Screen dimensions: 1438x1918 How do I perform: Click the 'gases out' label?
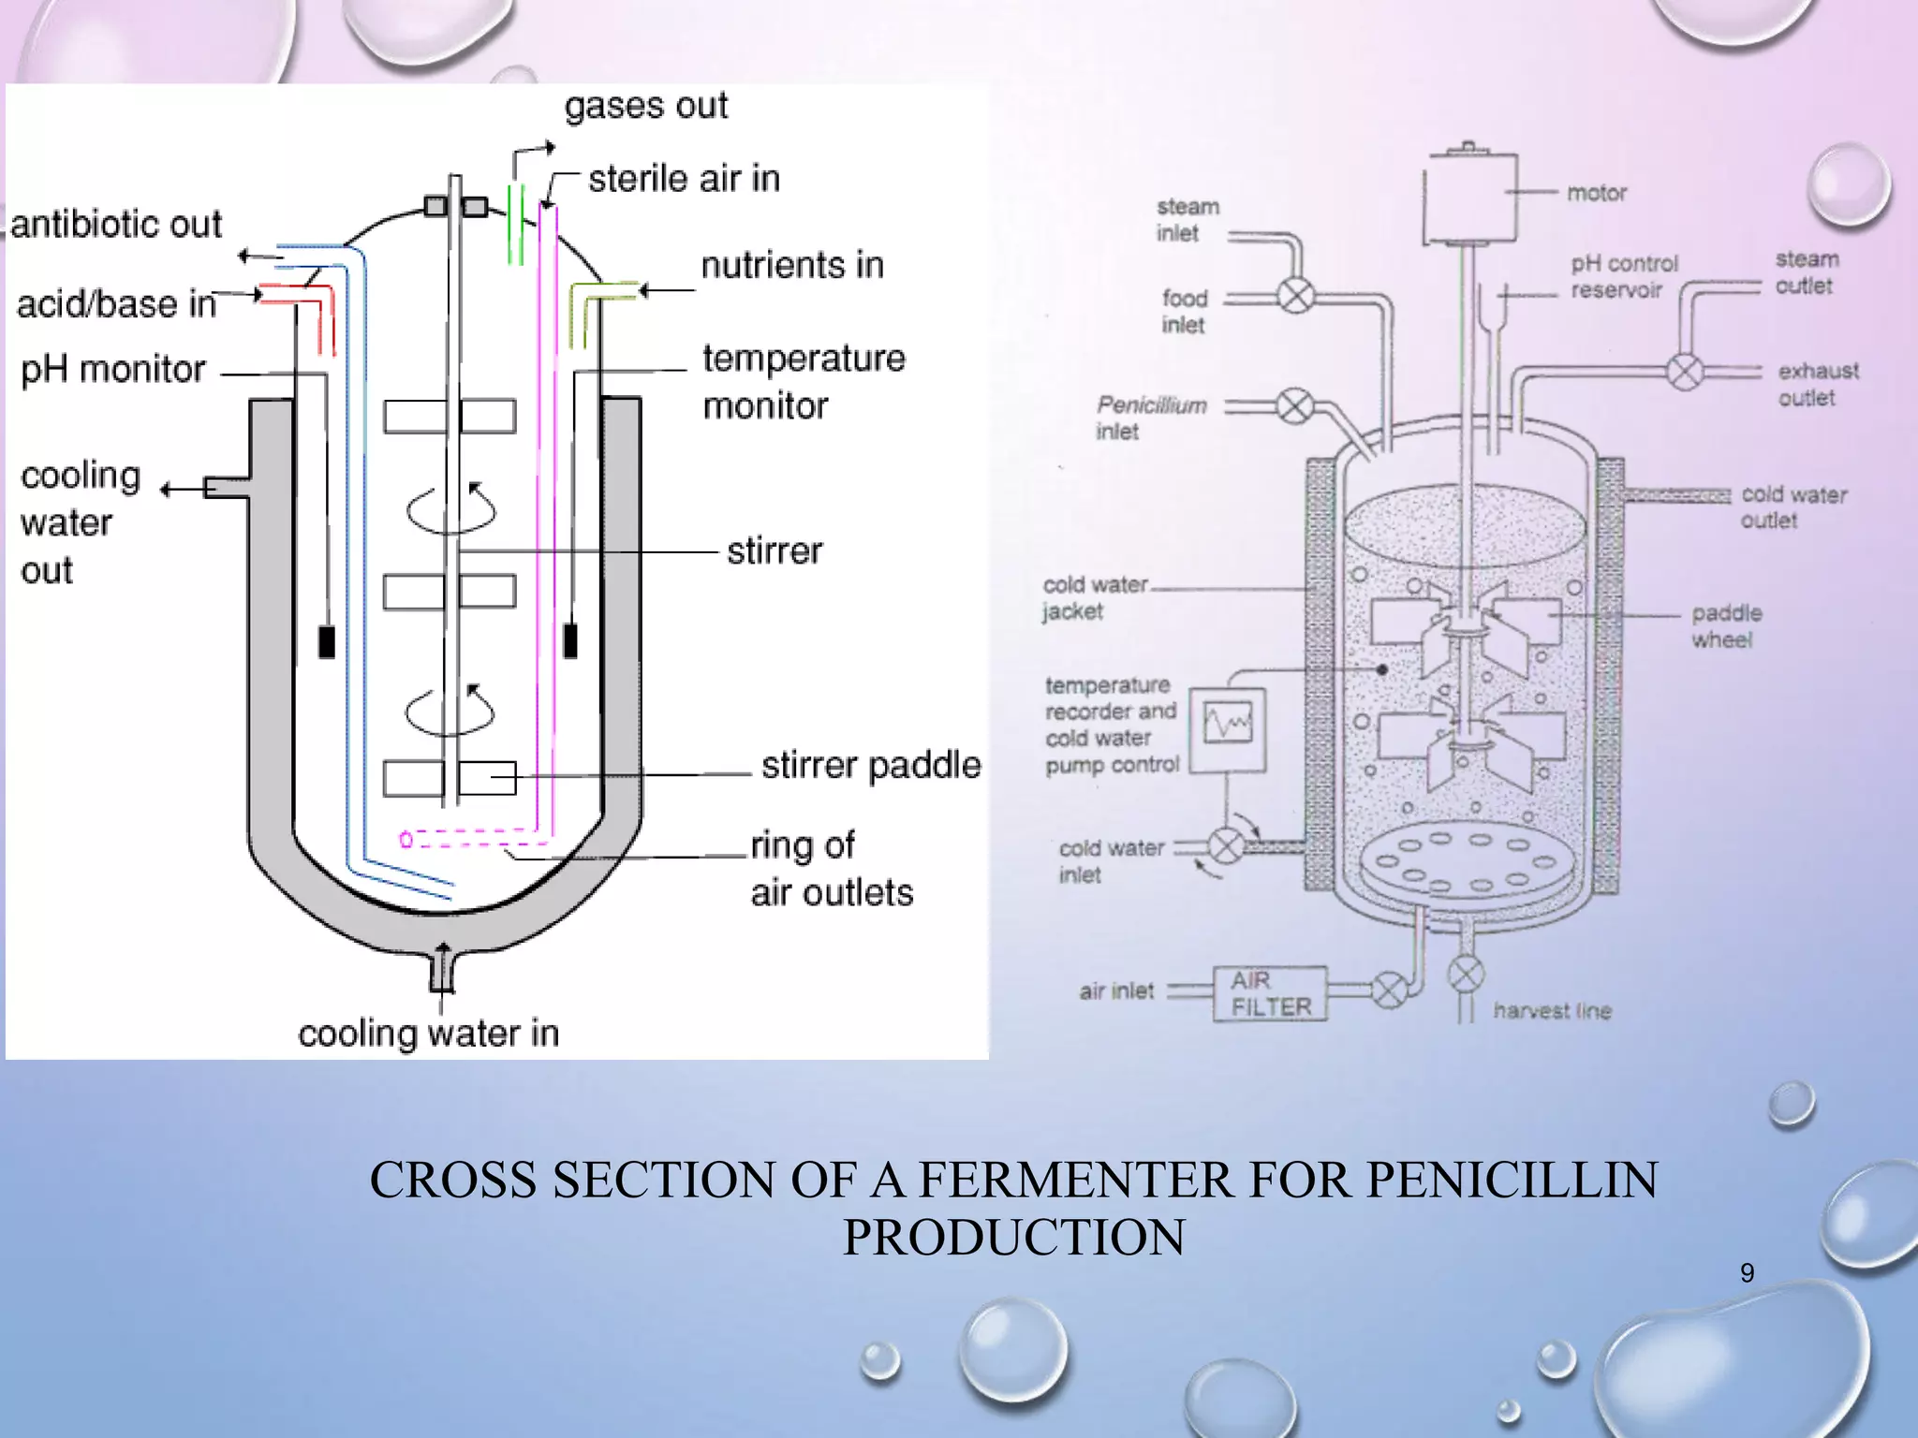pos(645,106)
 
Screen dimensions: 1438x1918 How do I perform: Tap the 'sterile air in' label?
pos(684,178)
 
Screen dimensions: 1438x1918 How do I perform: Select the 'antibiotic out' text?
pos(116,225)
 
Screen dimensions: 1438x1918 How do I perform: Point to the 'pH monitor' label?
pos(112,370)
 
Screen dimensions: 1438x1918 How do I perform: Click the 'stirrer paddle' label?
pos(871,765)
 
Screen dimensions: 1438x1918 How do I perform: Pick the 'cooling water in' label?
pos(428,1034)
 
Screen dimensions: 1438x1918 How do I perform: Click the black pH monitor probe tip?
pos(327,641)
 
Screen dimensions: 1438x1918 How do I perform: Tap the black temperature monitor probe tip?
pos(570,640)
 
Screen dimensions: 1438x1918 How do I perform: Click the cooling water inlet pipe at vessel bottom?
pos(442,970)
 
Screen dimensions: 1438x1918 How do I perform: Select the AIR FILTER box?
pos(1270,993)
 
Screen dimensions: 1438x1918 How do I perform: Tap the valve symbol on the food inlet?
pos(1296,297)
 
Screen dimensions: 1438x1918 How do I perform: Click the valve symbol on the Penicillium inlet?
pos(1295,406)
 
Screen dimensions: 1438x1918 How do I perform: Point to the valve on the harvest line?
pos(1466,974)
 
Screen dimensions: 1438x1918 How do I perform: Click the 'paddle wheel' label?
pos(1725,626)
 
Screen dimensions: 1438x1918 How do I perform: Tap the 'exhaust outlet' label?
pos(1818,384)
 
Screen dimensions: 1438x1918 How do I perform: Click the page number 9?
pos(1747,1272)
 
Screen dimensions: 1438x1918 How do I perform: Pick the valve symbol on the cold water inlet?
pos(1226,846)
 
